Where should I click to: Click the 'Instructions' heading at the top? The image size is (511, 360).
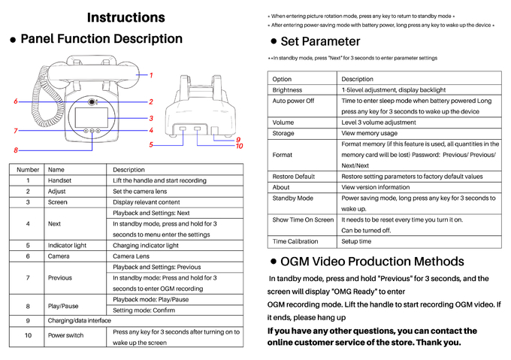pos(125,17)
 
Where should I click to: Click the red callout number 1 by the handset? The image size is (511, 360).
pos(150,75)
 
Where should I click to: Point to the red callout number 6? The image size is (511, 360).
pos(16,101)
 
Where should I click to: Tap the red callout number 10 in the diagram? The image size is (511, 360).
pos(239,146)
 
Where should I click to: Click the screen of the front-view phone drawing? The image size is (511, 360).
pos(92,117)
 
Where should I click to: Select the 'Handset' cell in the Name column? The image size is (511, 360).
pos(60,181)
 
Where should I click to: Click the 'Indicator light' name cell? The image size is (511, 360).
pos(67,245)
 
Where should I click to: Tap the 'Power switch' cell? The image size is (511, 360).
pos(65,335)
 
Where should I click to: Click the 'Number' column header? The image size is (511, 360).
pos(28,170)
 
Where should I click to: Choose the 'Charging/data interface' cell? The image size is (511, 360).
pos(78,321)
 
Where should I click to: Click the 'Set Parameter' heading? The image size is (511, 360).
pos(319,41)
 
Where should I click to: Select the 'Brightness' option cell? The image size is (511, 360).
pos(287,90)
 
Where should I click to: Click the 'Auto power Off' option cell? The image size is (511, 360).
pos(293,101)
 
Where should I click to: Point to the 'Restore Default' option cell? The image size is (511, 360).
pos(294,177)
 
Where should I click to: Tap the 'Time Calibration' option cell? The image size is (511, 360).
pos(295,241)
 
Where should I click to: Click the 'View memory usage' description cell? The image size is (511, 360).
pos(369,133)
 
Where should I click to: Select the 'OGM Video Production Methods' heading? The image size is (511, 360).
pos(371,262)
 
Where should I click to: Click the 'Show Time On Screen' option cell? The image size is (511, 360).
pos(303,219)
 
